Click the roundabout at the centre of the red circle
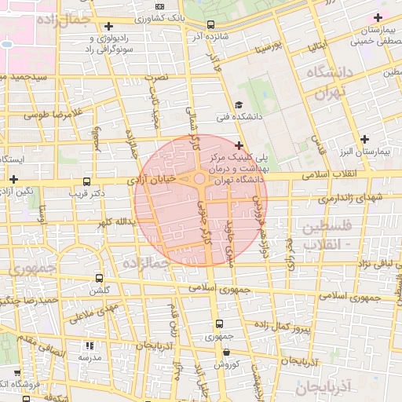200,180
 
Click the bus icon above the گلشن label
98,278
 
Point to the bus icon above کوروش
226,352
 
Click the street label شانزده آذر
214,36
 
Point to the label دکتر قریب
87,192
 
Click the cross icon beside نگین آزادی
13,179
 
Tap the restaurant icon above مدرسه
90,345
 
